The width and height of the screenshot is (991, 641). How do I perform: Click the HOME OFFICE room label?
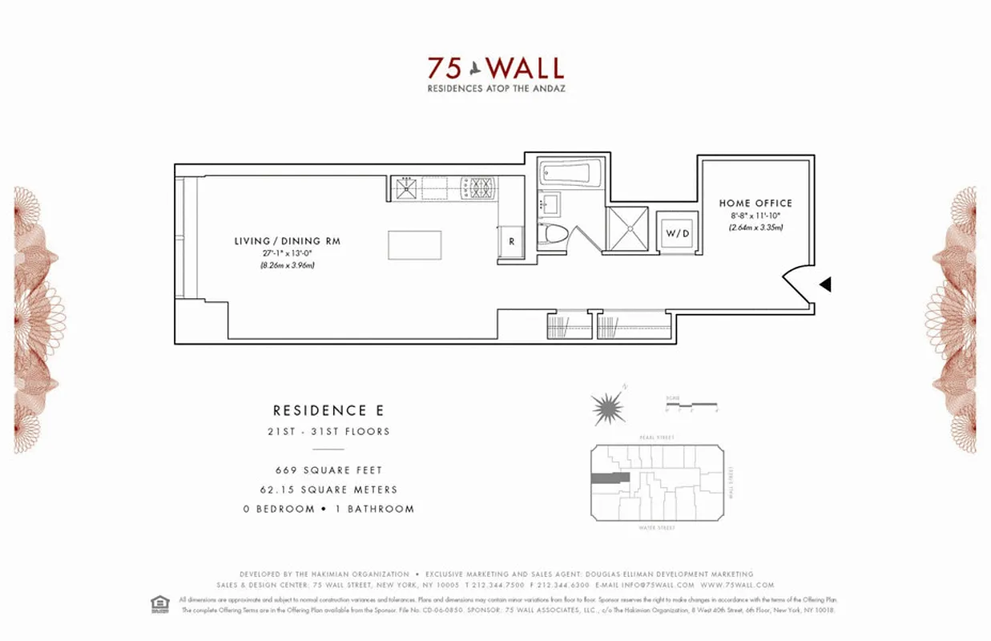[x=755, y=204]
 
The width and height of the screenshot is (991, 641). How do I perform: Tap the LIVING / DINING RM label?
[x=287, y=241]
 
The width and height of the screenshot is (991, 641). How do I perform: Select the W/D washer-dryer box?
[x=677, y=233]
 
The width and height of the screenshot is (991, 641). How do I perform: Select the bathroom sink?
[x=550, y=203]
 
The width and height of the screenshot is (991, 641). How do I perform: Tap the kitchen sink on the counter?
[x=405, y=188]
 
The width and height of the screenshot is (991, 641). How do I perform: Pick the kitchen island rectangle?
[x=414, y=245]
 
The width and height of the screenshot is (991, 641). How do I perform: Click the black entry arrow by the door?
[x=824, y=284]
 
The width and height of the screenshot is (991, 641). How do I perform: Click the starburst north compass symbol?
[x=607, y=409]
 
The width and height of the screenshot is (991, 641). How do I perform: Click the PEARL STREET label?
[x=656, y=437]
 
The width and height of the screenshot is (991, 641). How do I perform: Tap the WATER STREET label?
[x=656, y=528]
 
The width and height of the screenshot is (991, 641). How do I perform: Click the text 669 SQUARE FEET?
[x=328, y=470]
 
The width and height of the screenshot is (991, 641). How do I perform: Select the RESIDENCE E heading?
[x=328, y=410]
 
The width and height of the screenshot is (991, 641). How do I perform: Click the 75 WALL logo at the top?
[x=495, y=67]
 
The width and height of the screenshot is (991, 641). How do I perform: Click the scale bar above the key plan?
[x=691, y=405]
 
